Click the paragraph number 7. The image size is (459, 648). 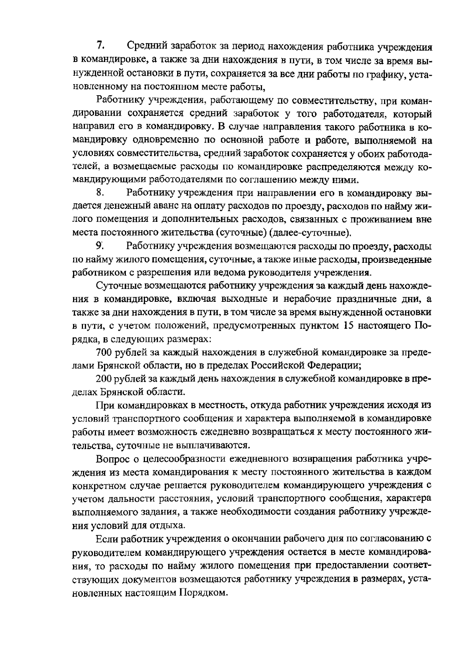tap(101, 46)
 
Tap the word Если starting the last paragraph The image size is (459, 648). tap(107, 539)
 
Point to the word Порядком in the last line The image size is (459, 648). tap(202, 593)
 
